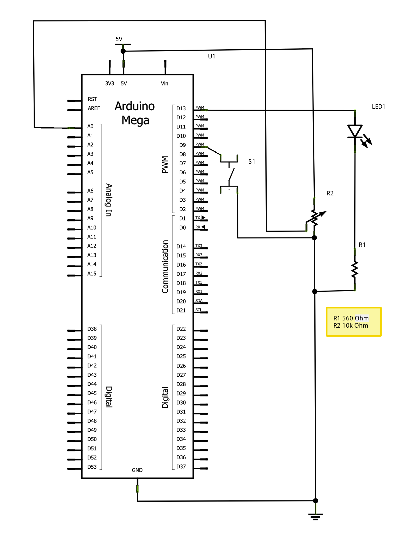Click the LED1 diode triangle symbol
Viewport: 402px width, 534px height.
click(x=355, y=131)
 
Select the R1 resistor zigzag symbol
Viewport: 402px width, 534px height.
click(x=355, y=269)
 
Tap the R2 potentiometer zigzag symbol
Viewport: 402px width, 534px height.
click(x=314, y=218)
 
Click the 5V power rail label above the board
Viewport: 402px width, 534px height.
click(x=119, y=39)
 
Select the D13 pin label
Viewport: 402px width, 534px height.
click(x=181, y=108)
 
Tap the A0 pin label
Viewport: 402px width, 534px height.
click(x=90, y=126)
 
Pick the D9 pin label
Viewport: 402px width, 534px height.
click(x=182, y=145)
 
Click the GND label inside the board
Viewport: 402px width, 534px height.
click(x=137, y=470)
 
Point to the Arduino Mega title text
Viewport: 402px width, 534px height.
click(x=135, y=113)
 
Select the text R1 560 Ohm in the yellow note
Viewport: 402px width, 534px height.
click(x=351, y=318)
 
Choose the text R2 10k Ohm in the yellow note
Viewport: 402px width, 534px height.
click(x=351, y=325)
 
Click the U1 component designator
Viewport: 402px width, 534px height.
click(x=212, y=56)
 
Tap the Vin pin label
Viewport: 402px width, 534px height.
click(x=165, y=84)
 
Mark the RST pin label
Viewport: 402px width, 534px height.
click(x=92, y=99)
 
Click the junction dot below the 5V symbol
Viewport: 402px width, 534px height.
click(x=123, y=51)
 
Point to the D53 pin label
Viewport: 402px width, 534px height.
click(x=92, y=467)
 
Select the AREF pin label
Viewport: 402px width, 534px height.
click(x=94, y=108)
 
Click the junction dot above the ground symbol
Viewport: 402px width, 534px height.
click(x=316, y=501)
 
